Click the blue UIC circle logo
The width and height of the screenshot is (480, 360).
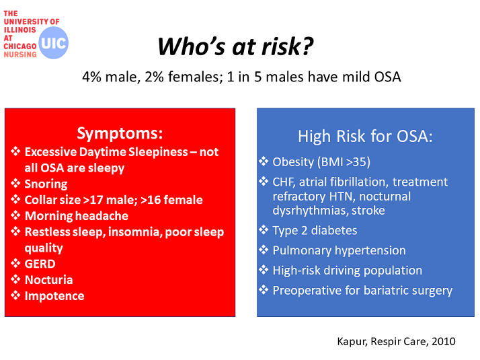pyautogui.click(x=53, y=42)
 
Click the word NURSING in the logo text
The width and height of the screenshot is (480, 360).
pyautogui.click(x=20, y=55)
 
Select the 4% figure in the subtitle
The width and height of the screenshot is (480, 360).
pyautogui.click(x=91, y=77)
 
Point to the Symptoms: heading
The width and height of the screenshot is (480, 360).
pyautogui.click(x=120, y=133)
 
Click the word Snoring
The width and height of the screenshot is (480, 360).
pyautogui.click(x=46, y=184)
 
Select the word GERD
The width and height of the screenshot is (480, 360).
pyautogui.click(x=40, y=264)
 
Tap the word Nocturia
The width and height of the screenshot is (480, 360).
pyautogui.click(x=48, y=280)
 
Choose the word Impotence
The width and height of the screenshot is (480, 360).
pyautogui.click(x=54, y=296)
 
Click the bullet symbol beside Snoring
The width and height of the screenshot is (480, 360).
pyautogui.click(x=15, y=183)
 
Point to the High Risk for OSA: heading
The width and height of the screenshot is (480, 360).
pyautogui.click(x=365, y=137)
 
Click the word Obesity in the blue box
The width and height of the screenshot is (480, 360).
pyautogui.click(x=293, y=162)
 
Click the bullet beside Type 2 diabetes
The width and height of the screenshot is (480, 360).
pyautogui.click(x=264, y=229)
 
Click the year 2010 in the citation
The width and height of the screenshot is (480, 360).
pyautogui.click(x=444, y=341)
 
